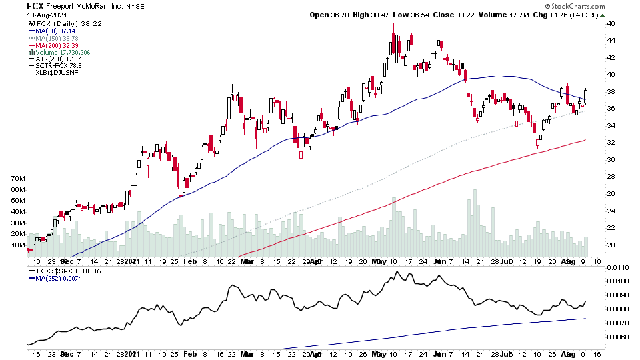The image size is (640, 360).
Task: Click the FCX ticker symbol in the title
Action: point(35,5)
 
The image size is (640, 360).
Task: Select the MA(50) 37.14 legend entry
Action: point(57,31)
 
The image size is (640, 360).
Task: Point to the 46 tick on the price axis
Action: point(609,23)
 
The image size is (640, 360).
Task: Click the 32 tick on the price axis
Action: point(609,143)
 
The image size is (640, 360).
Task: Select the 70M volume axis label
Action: point(18,179)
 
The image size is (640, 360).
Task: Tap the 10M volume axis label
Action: point(18,245)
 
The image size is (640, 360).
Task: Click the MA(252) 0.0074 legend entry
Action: point(62,280)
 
